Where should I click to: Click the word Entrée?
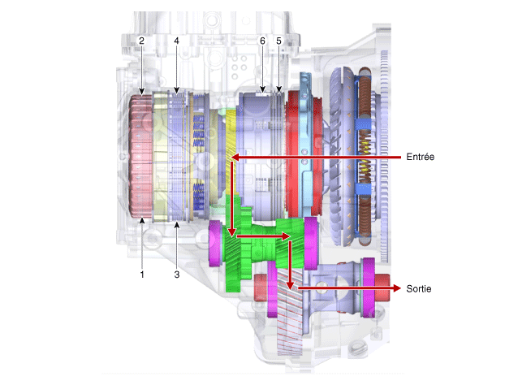point(420,157)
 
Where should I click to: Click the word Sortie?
point(419,288)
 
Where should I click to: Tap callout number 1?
point(142,275)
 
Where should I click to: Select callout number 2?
point(141,41)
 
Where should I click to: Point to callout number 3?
point(176,275)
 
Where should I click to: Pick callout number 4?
point(176,41)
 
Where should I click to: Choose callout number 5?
point(279,41)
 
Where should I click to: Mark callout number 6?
point(262,41)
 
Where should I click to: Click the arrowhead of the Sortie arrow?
point(396,288)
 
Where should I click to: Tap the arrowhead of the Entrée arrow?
point(235,158)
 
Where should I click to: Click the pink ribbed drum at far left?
point(140,156)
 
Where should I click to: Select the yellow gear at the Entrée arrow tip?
point(231,151)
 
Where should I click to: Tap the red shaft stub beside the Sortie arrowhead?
point(382,288)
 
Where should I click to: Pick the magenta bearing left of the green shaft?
point(215,243)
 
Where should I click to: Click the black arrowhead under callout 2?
point(141,91)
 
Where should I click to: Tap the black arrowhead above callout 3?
point(176,225)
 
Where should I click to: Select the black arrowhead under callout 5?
point(279,89)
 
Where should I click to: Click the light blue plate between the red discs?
point(305,145)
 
